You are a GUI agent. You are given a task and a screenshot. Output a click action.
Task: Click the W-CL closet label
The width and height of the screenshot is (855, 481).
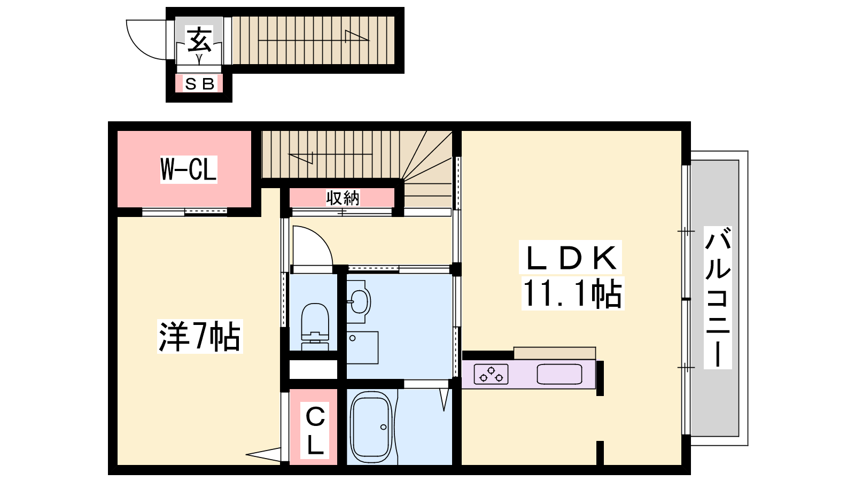click(x=189, y=169)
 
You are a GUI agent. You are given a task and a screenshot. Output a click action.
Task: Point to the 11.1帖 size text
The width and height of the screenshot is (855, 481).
click(x=572, y=293)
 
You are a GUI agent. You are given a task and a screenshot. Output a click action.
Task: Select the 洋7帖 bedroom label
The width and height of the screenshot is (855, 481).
click(x=200, y=336)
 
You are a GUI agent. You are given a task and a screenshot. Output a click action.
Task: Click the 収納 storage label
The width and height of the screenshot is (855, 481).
click(x=343, y=198)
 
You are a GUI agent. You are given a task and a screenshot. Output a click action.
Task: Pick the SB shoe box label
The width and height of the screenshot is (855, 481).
click(x=199, y=83)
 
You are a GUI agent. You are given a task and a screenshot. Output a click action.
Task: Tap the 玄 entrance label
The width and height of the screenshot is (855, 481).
click(x=198, y=40)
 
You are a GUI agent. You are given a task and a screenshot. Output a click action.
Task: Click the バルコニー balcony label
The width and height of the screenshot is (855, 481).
click(x=718, y=297)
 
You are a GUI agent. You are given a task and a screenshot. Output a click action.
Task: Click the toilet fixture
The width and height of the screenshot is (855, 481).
click(x=315, y=327)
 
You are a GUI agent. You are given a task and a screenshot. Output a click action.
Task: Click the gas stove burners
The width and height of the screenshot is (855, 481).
click(x=491, y=374)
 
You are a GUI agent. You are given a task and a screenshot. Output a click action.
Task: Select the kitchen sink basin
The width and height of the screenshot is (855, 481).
click(x=559, y=374)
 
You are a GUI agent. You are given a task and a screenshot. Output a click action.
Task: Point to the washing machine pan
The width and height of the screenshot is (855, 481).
click(x=362, y=347)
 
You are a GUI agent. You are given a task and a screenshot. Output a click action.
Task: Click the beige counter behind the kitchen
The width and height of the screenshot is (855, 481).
click(x=555, y=353)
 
